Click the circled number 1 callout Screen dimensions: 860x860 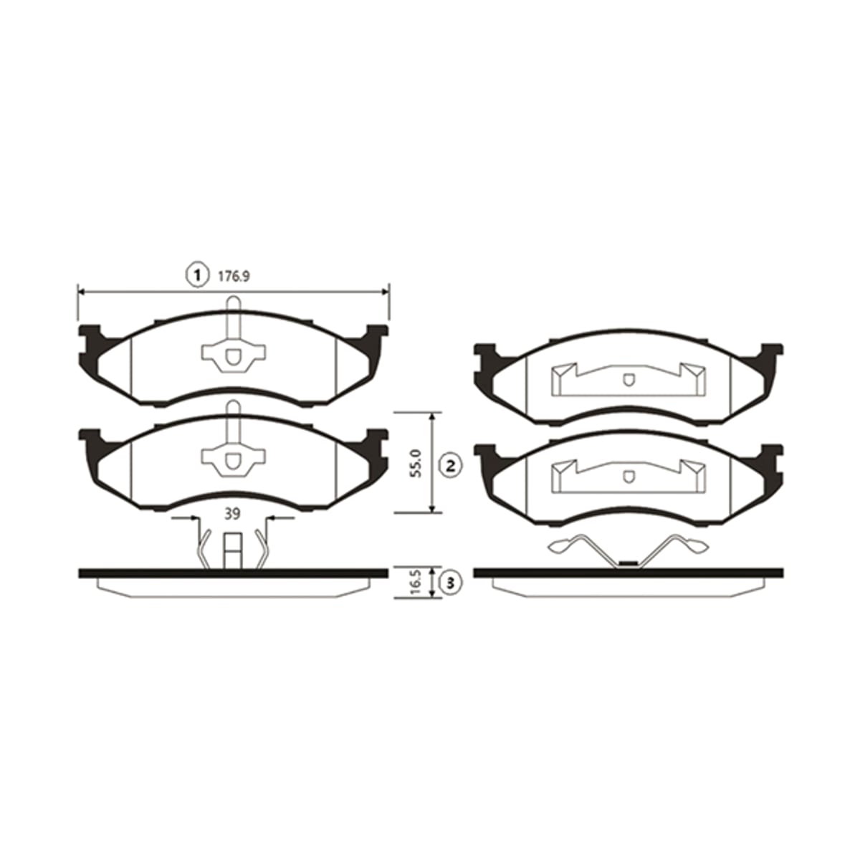(x=197, y=276)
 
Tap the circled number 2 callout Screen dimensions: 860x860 (x=450, y=467)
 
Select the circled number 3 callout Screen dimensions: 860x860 (x=450, y=583)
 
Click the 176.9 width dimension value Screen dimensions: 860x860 (x=234, y=277)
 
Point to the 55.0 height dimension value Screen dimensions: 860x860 (x=416, y=464)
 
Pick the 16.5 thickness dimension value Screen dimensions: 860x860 (x=416, y=583)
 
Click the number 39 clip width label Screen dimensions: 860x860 (x=232, y=514)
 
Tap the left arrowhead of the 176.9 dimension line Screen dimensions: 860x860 (x=82, y=292)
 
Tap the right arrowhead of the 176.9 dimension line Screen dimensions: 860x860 (x=386, y=292)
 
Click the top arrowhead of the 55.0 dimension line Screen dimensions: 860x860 (x=431, y=416)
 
